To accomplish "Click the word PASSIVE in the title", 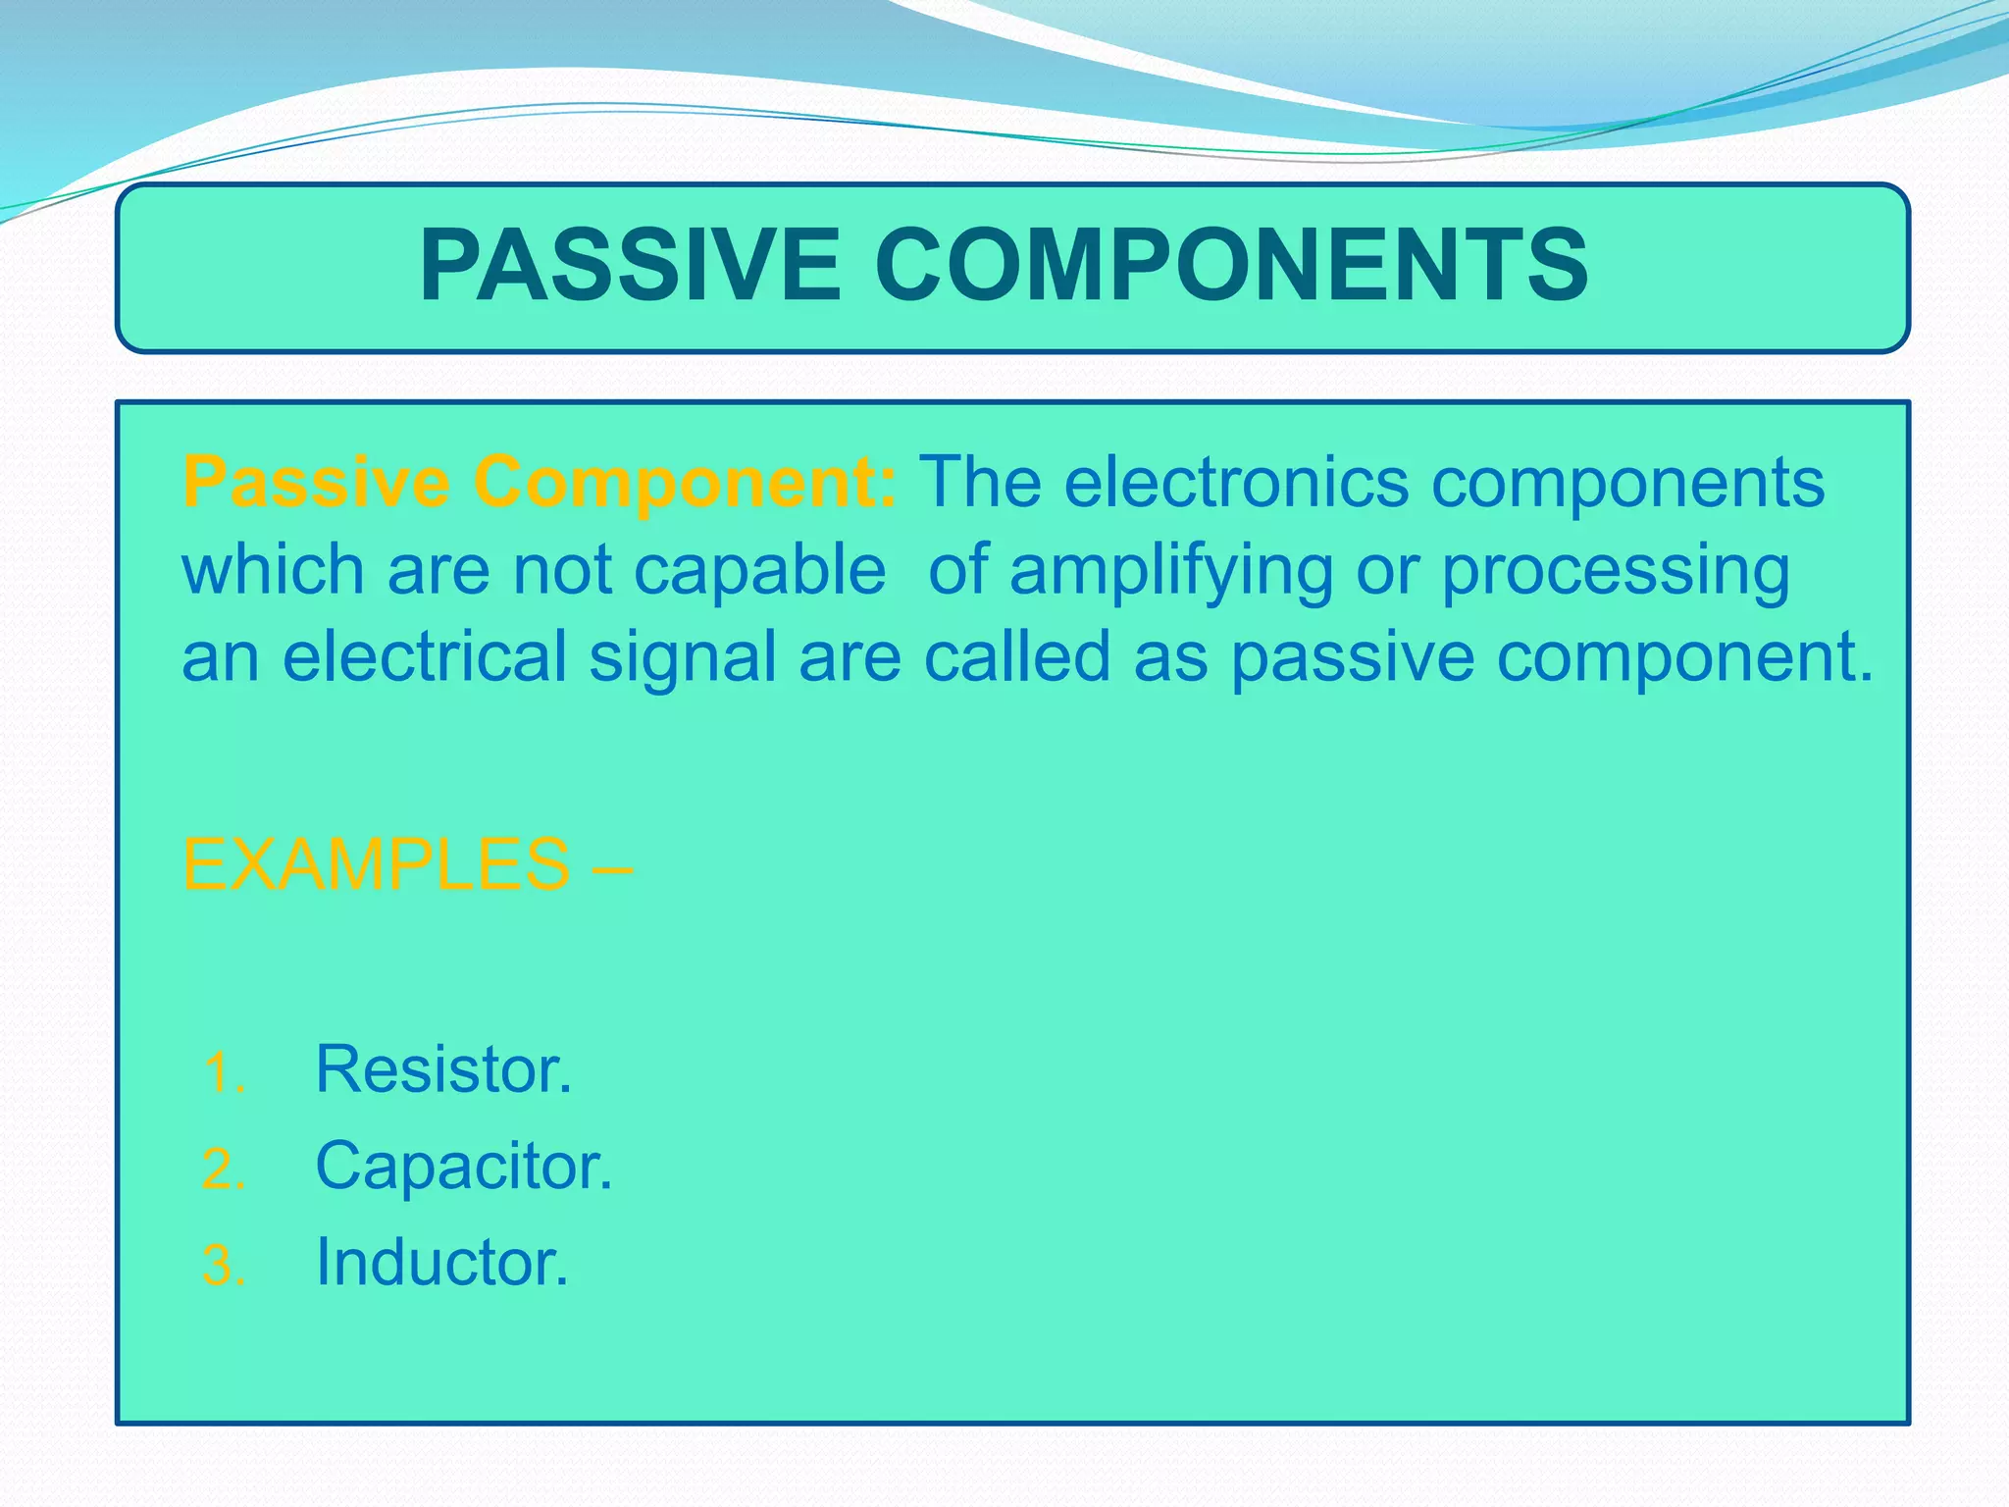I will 630,265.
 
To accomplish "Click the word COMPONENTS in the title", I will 1230,265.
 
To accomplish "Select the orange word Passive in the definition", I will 316,482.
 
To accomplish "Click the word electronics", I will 1236,482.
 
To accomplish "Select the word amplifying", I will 1171,572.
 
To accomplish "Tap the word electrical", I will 424,656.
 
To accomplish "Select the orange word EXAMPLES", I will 377,864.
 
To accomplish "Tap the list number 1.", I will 223,1072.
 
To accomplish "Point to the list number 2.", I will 223,1169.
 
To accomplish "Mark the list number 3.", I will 223,1266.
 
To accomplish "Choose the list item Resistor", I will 443,1068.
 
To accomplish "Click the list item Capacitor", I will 463,1167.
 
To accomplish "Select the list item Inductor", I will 441,1263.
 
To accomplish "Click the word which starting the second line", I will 273,570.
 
